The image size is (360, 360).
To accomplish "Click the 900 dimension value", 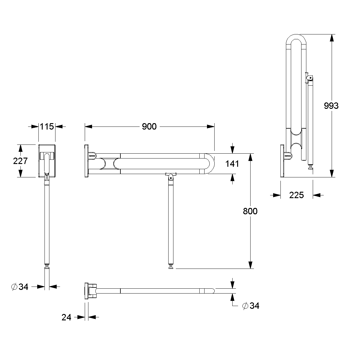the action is [x=149, y=127].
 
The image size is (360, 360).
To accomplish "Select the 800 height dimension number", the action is [x=250, y=211].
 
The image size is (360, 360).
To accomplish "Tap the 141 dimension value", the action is [x=232, y=164].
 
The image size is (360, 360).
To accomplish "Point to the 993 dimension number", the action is [x=331, y=105].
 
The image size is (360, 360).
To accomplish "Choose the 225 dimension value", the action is [x=296, y=195].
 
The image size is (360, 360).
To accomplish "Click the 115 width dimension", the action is [x=47, y=127].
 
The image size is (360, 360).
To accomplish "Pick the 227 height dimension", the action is [x=20, y=161].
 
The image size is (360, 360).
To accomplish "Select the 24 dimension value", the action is [x=66, y=317].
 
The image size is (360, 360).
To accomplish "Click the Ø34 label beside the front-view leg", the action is [x=20, y=287].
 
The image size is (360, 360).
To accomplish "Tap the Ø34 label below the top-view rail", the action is [x=251, y=305].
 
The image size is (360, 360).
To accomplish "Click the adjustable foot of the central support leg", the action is [x=171, y=267].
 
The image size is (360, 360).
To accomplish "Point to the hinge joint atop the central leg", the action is [x=171, y=177].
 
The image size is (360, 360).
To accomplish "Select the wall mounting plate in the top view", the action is [x=86, y=291].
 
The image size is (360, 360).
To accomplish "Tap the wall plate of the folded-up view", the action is [x=282, y=161].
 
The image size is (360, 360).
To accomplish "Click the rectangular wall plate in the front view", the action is [x=47, y=161].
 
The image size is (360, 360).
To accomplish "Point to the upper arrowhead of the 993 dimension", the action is [x=332, y=38].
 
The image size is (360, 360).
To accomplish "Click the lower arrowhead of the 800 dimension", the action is [x=250, y=265].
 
